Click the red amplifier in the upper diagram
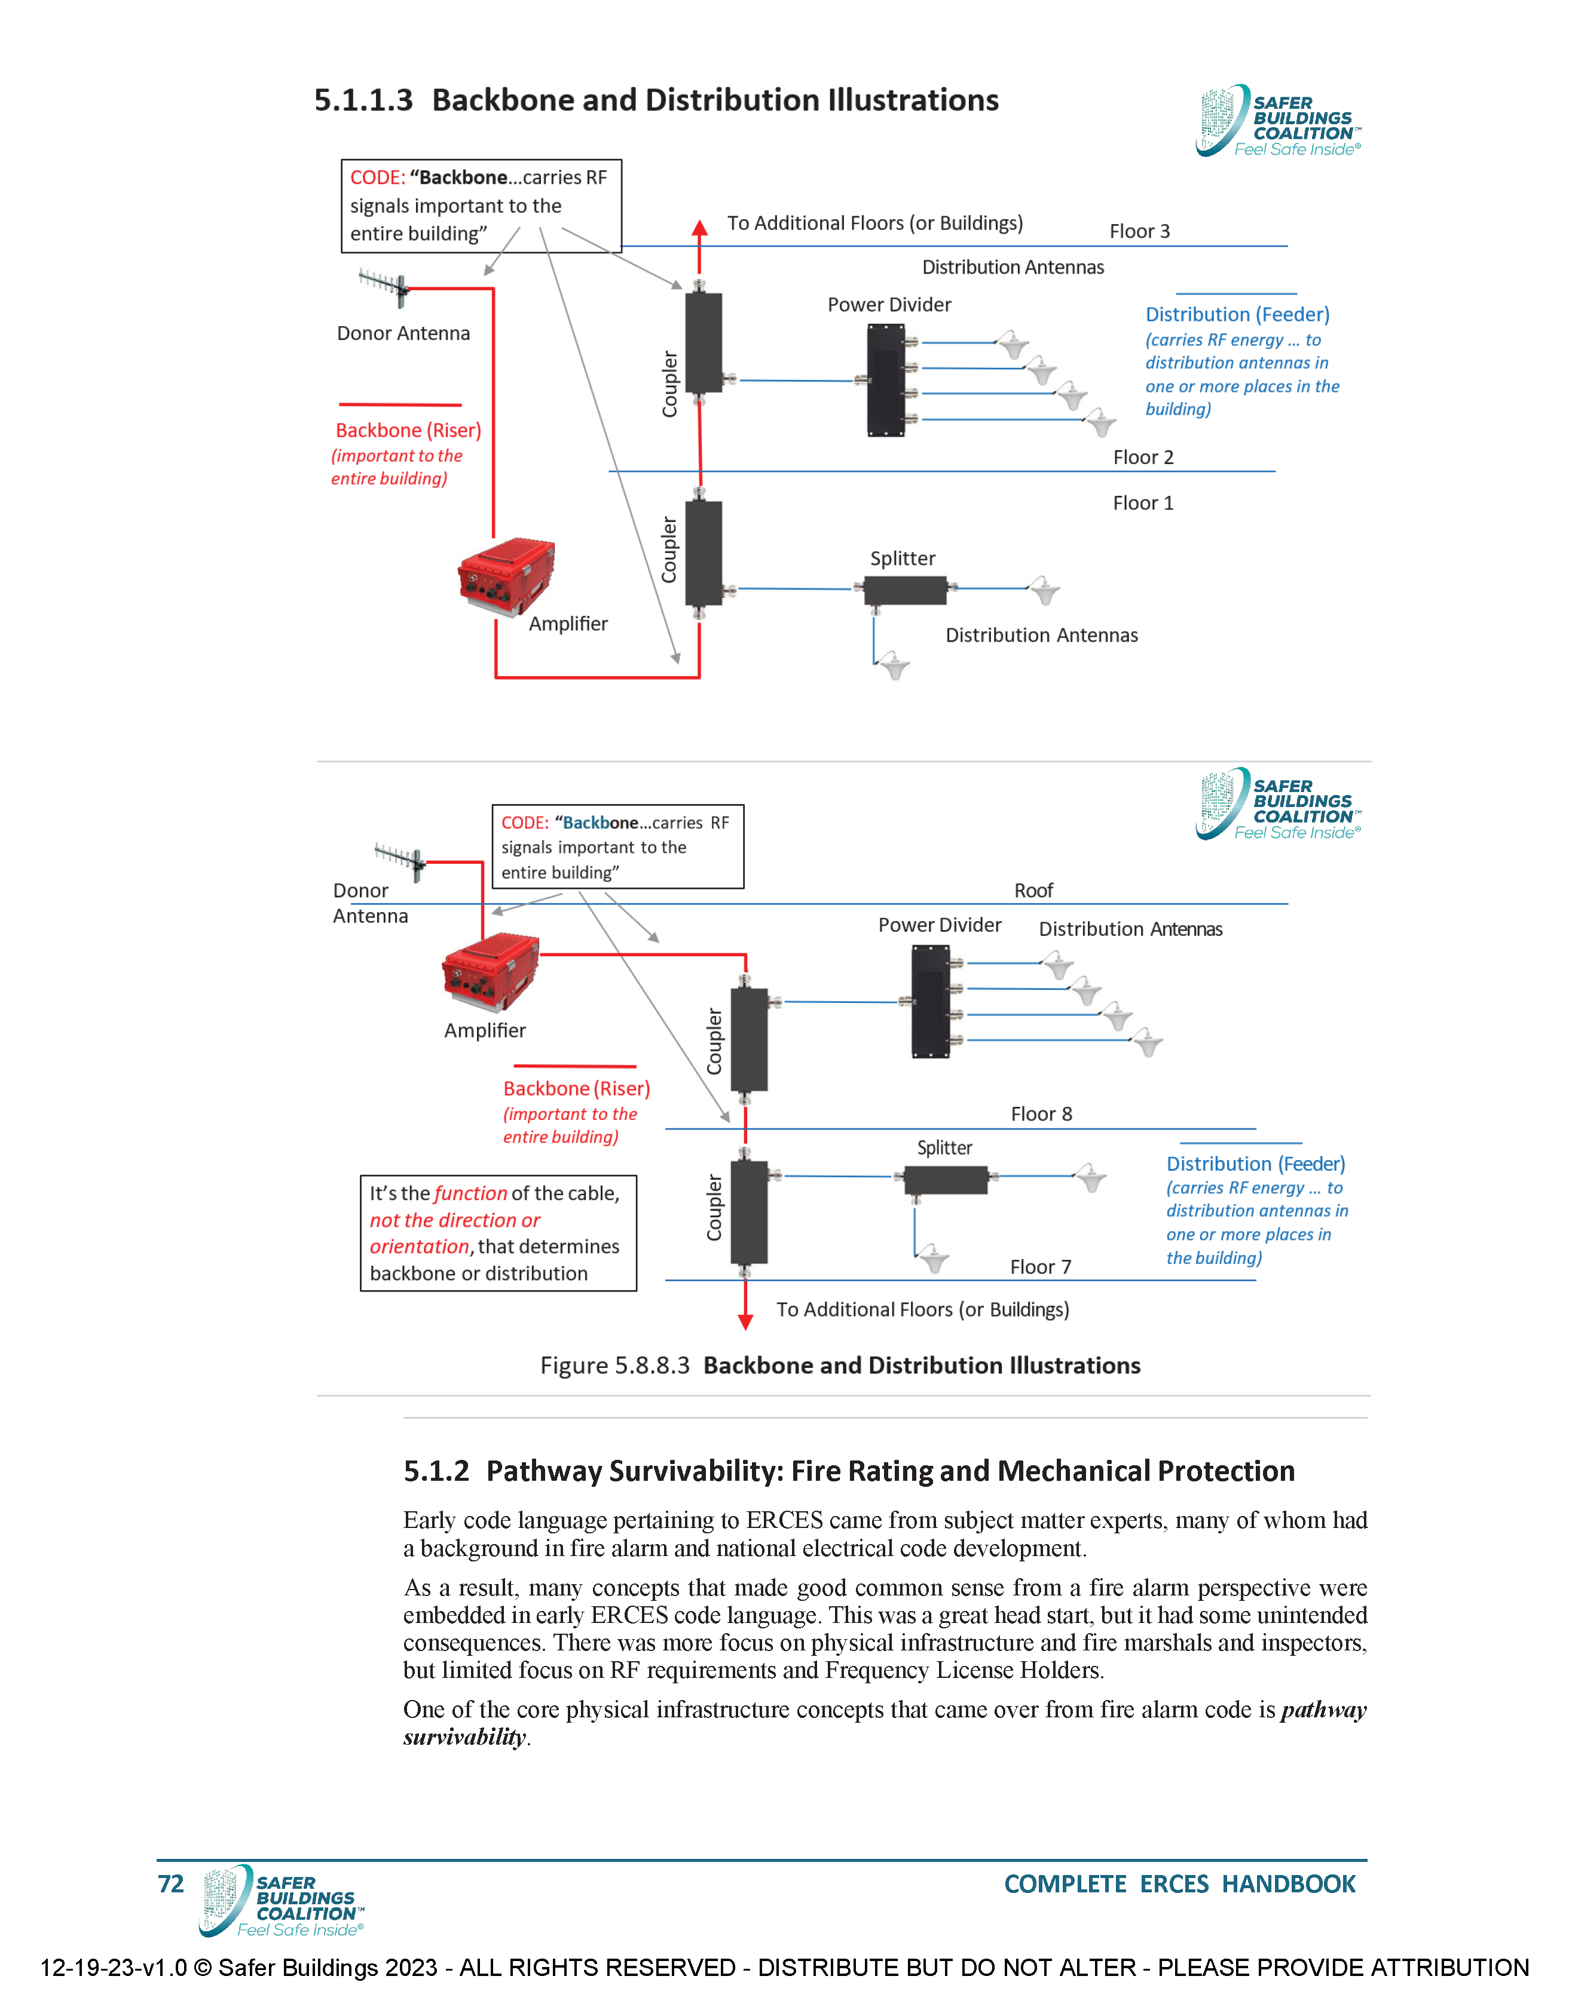(x=506, y=575)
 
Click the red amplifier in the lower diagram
(x=490, y=972)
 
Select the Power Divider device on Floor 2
(x=886, y=381)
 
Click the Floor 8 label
(x=1041, y=1114)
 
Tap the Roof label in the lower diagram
(x=1033, y=891)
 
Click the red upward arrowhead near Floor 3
(x=700, y=228)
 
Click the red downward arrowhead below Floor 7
(x=745, y=1321)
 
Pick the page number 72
(x=171, y=1884)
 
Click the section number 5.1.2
(x=436, y=1471)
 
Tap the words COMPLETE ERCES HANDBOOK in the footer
(x=1179, y=1884)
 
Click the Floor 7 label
(x=1040, y=1268)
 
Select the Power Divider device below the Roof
(x=930, y=1002)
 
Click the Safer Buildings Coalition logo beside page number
(x=282, y=1901)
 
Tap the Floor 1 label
(x=1142, y=503)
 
